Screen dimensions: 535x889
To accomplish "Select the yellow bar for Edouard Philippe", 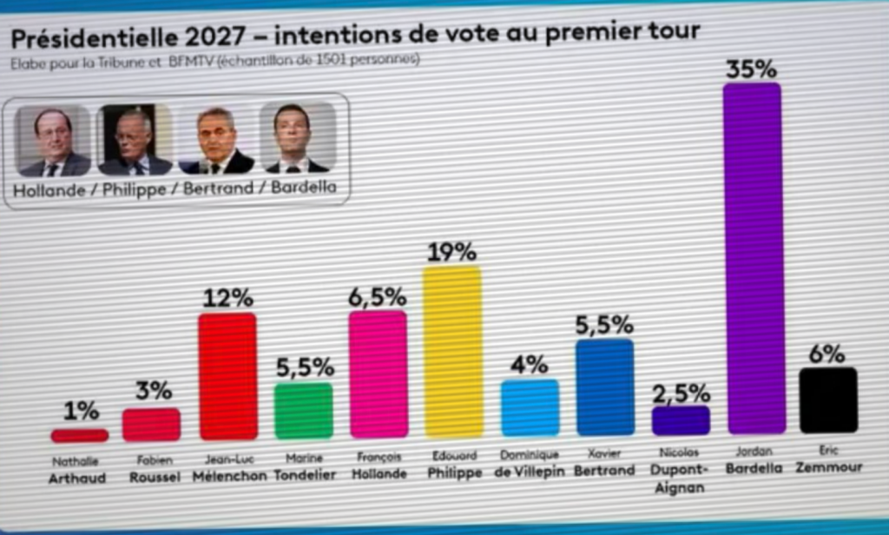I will tap(452, 352).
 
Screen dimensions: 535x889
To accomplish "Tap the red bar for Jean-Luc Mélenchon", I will tap(227, 376).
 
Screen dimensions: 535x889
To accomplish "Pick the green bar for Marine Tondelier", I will tap(303, 410).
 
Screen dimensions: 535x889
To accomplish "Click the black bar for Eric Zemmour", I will tap(828, 400).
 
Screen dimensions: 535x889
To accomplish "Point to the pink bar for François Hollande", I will tap(378, 373).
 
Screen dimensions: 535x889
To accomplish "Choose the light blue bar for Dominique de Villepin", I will tap(530, 407).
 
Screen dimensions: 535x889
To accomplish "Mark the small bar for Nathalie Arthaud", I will tap(80, 435).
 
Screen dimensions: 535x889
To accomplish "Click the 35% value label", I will tap(751, 69).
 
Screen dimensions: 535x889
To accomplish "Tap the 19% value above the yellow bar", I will tap(451, 253).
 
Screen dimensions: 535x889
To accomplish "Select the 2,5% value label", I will tap(681, 393).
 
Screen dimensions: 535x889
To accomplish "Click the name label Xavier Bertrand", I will tap(604, 462).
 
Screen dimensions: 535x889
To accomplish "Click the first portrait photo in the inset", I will tap(53, 141).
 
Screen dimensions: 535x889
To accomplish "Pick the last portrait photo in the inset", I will tap(296, 139).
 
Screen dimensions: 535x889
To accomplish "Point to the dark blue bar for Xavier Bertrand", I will tap(605, 387).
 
